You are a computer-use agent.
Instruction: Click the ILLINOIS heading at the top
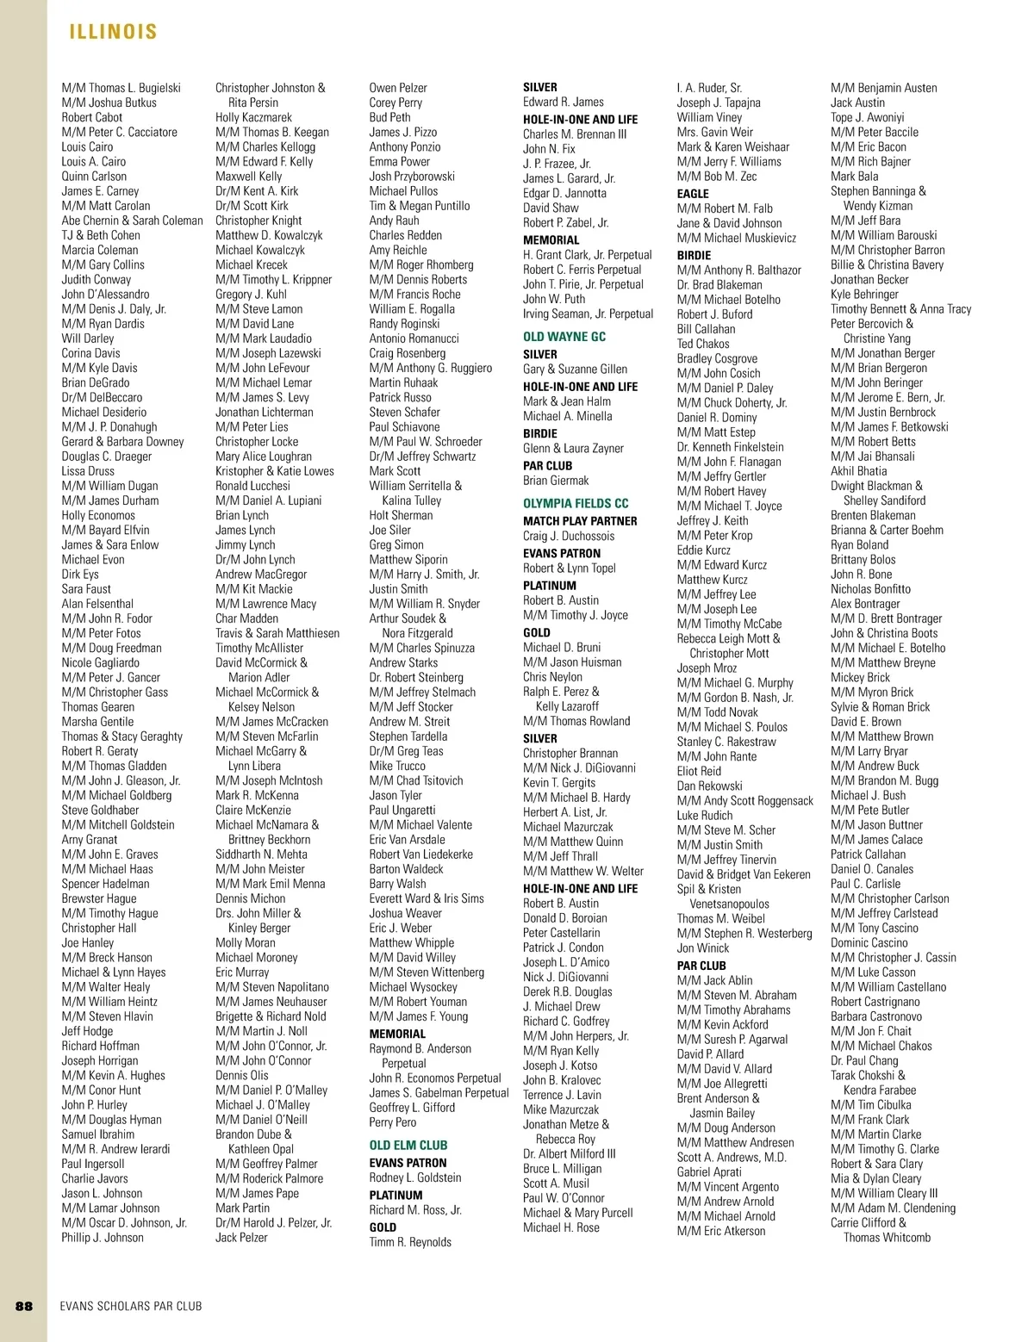[113, 33]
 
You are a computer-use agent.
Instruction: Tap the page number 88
[24, 1306]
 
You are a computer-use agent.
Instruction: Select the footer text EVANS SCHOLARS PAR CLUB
[131, 1306]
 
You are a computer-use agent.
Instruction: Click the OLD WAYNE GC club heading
[564, 337]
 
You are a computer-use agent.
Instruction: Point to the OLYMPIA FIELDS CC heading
[576, 503]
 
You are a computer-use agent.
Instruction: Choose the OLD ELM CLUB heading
[408, 1145]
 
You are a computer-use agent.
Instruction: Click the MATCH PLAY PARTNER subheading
[580, 521]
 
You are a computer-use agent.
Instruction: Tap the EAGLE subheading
[693, 194]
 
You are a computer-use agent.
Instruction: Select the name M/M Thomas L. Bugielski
[121, 88]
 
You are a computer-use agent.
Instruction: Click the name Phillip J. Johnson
[103, 1238]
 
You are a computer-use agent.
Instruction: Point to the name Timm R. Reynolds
[410, 1242]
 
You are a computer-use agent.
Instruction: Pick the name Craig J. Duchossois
[569, 536]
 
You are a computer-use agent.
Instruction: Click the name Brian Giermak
[556, 481]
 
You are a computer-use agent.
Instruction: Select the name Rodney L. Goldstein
[415, 1177]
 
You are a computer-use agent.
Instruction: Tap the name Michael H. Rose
[561, 1227]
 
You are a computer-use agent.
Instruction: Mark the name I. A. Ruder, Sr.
[709, 88]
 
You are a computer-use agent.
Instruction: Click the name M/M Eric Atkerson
[721, 1231]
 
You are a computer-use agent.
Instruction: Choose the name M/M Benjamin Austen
[884, 88]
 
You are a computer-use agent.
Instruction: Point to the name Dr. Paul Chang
[864, 1060]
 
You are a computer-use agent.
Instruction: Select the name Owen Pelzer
[398, 88]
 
